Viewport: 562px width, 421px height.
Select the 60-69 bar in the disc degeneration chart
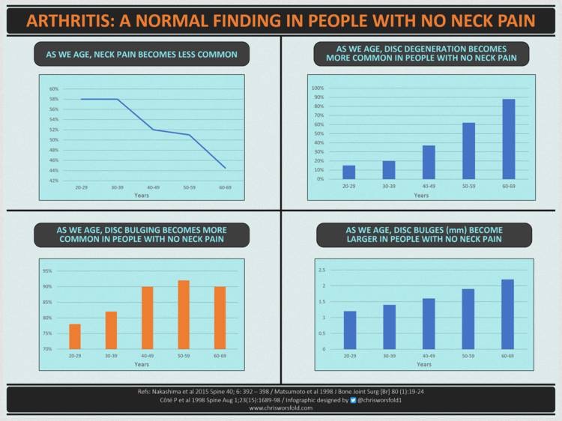(509, 139)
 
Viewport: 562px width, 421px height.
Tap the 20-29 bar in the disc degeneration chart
(349, 172)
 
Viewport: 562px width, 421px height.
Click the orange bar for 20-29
(75, 336)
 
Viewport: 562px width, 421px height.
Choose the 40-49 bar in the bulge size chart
(429, 324)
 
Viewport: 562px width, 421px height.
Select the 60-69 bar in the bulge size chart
(507, 314)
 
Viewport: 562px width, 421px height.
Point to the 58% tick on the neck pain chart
(54, 99)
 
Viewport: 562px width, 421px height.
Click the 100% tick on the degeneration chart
(317, 88)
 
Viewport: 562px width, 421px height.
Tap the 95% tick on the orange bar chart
(47, 271)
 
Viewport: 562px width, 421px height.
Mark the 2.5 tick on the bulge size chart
(321, 270)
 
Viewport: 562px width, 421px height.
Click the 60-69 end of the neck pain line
(225, 168)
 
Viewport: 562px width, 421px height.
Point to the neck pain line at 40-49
(154, 130)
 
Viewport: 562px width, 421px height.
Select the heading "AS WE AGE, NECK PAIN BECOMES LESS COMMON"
(142, 55)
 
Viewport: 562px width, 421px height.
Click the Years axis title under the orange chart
(142, 364)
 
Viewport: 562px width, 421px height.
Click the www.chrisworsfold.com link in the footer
(280, 409)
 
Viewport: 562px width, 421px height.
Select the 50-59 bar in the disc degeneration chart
(469, 151)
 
